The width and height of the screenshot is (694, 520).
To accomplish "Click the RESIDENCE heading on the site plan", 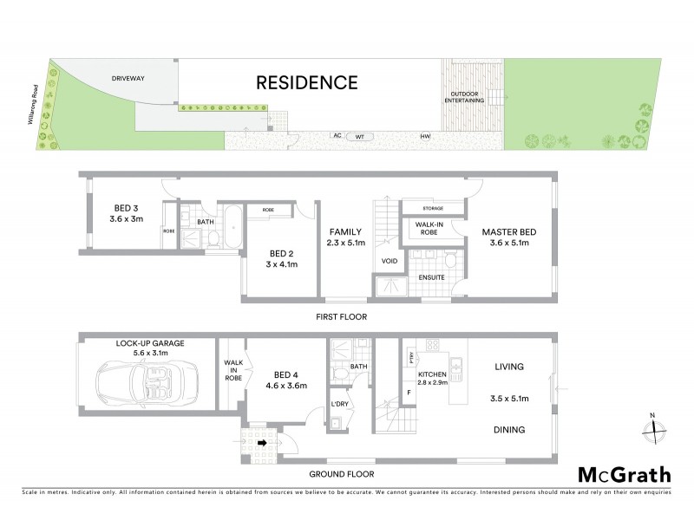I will point(305,83).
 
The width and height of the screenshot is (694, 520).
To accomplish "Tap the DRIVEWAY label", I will point(128,78).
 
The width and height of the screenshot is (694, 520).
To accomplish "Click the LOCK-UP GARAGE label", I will point(150,344).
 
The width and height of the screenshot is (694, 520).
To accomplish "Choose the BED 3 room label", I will point(126,208).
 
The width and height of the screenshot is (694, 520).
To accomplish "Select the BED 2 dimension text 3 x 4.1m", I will point(282,264).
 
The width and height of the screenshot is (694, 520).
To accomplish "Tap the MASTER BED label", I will point(509,231).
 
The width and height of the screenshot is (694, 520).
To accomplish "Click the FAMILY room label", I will point(344,232).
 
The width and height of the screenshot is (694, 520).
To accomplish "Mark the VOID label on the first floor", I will point(388,261).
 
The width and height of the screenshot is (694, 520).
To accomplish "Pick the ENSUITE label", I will point(431,277).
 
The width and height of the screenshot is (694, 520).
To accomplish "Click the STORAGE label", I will point(434,209).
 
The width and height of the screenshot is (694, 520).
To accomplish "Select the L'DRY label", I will point(339,405).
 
